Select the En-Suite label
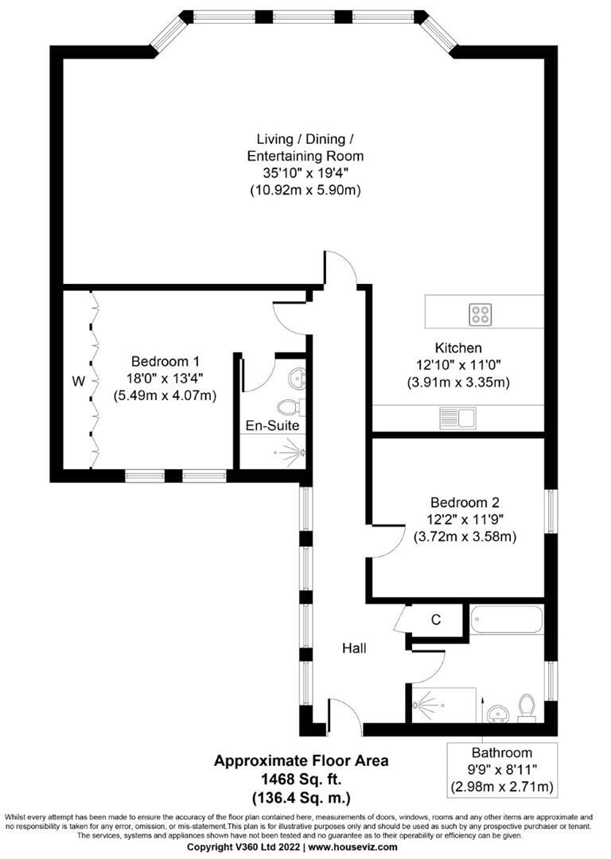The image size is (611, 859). [x=272, y=426]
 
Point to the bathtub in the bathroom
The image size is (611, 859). [x=506, y=619]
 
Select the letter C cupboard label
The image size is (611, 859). [x=436, y=620]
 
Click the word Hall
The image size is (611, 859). [x=354, y=649]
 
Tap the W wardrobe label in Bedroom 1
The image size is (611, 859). [x=78, y=382]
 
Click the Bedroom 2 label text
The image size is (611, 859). [x=465, y=503]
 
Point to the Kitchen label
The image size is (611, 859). [x=458, y=348]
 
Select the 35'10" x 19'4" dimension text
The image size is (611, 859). [x=305, y=173]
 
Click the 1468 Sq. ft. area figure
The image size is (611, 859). [x=301, y=779]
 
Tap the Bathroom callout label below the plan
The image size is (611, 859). [x=502, y=752]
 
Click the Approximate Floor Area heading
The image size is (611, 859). [x=301, y=761]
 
